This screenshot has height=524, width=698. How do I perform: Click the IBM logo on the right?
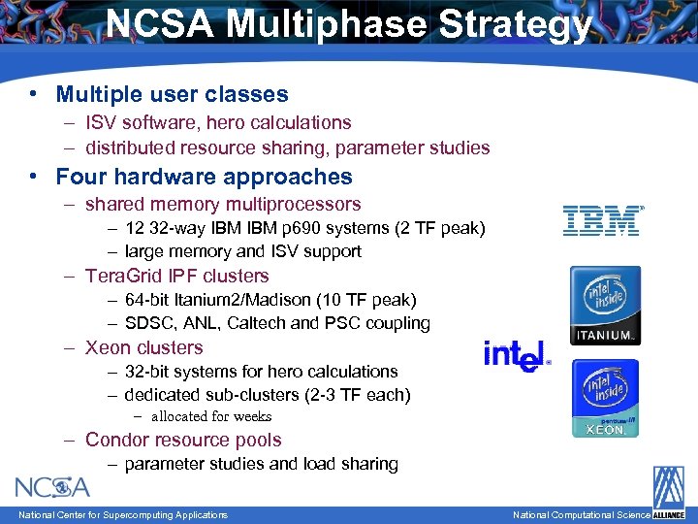coord(602,220)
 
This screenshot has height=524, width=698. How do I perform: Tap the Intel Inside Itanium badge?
coord(605,306)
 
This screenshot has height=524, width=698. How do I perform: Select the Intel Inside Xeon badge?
coord(605,398)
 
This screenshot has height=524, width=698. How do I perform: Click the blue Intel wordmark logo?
coord(517,355)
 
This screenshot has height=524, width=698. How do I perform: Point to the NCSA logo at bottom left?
coord(52,485)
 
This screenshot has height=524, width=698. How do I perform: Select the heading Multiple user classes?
coord(172,94)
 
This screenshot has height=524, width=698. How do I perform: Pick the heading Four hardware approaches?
coord(204,177)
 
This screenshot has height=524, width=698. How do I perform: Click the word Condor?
coord(116,440)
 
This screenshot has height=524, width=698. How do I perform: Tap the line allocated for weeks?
coord(210,416)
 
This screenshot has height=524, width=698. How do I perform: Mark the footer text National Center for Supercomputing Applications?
coord(123,514)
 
